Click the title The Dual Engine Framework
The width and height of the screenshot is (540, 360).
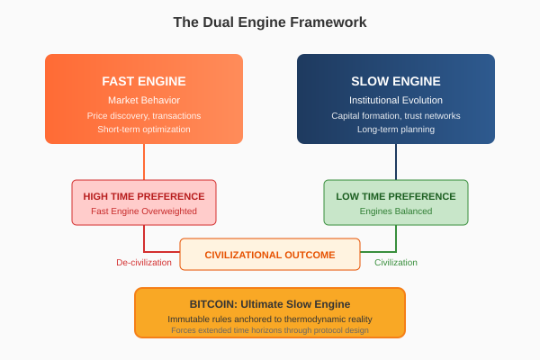point(270,22)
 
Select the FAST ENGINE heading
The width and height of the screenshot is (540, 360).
point(144,81)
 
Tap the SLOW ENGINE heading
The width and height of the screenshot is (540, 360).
point(396,81)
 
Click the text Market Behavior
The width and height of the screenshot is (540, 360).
point(144,100)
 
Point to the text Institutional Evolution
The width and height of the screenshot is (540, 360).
point(396,100)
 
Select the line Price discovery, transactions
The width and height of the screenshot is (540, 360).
point(144,115)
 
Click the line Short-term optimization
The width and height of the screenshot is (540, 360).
point(144,129)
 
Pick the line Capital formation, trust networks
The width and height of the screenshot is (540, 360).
point(396,115)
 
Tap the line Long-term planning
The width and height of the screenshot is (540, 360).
point(396,129)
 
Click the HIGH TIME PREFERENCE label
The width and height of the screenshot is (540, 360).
point(144,196)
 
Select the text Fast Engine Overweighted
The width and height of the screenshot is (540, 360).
point(144,211)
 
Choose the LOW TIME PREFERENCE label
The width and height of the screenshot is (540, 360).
point(396,196)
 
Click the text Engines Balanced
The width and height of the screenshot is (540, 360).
point(396,211)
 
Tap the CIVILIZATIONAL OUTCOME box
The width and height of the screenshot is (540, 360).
point(270,255)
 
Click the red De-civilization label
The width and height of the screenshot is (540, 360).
point(144,263)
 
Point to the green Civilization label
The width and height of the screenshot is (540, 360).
point(396,263)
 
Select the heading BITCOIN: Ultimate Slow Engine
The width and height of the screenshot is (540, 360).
point(270,304)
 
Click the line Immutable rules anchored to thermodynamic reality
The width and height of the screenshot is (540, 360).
point(270,319)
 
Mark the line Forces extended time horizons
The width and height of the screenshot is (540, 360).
point(270,330)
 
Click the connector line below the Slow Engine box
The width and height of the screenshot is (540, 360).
point(396,162)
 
